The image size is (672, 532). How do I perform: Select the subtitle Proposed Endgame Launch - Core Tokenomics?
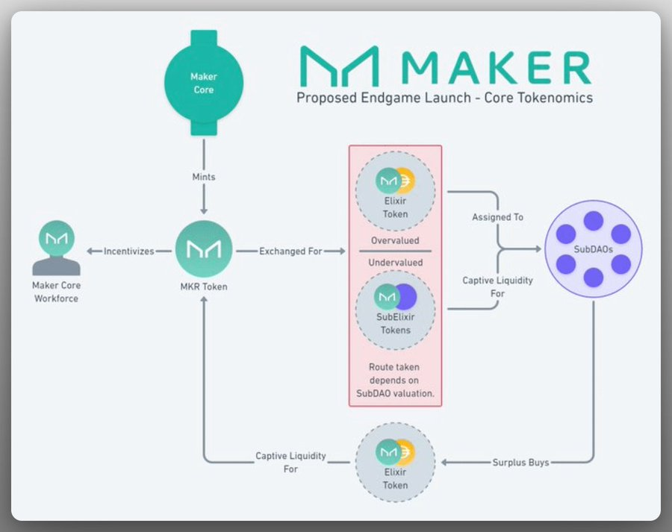pyautogui.click(x=444, y=98)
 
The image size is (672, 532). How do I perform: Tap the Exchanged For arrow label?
pyautogui.click(x=291, y=251)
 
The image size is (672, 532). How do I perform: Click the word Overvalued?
pyautogui.click(x=395, y=241)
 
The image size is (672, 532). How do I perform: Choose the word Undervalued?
pyautogui.click(x=395, y=263)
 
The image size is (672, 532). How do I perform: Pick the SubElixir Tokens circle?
pyautogui.click(x=395, y=307)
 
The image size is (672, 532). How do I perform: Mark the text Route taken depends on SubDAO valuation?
pyautogui.click(x=395, y=380)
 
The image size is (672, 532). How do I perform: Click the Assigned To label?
pyautogui.click(x=497, y=217)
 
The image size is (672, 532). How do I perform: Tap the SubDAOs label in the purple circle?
pyautogui.click(x=594, y=250)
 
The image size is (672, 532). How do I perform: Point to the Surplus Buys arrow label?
pyautogui.click(x=520, y=463)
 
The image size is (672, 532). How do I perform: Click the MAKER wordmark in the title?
pyautogui.click(x=495, y=67)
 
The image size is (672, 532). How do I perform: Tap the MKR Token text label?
pyautogui.click(x=203, y=287)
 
